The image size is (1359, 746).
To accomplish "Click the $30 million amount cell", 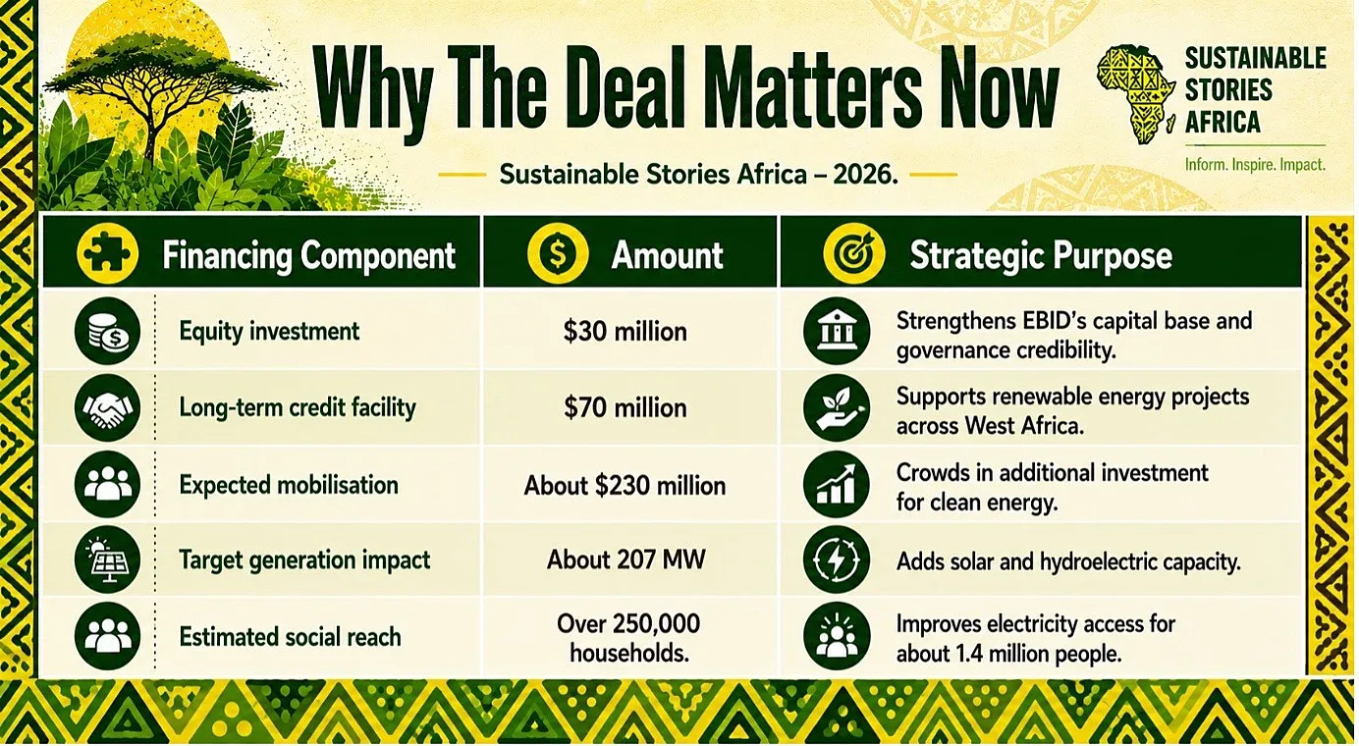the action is click(x=625, y=332).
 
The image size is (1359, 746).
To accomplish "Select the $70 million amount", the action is click(x=625, y=407).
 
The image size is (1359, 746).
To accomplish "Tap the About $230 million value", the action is click(x=625, y=485).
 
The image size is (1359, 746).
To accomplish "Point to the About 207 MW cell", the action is click(x=626, y=559).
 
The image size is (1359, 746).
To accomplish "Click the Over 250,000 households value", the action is click(x=628, y=638).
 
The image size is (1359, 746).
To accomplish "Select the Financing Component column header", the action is click(x=308, y=255).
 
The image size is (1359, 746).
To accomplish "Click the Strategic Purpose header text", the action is click(x=1041, y=255).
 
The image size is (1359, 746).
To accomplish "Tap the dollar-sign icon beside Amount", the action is click(x=558, y=253).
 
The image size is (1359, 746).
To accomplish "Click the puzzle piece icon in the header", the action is click(x=107, y=253).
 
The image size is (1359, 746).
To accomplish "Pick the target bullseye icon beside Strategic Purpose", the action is click(x=853, y=253).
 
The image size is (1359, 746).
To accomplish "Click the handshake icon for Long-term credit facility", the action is click(x=107, y=407).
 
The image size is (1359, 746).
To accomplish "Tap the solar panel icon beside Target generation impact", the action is click(x=107, y=559).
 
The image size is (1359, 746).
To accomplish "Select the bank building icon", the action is click(x=837, y=331).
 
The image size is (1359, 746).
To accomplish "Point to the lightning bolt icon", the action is click(x=837, y=559).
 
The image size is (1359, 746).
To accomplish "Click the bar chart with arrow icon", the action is click(x=837, y=484).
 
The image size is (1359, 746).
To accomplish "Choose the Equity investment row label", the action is click(x=269, y=332).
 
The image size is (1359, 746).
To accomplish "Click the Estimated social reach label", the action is click(x=290, y=637).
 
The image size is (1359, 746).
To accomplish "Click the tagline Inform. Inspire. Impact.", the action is click(x=1255, y=164).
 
